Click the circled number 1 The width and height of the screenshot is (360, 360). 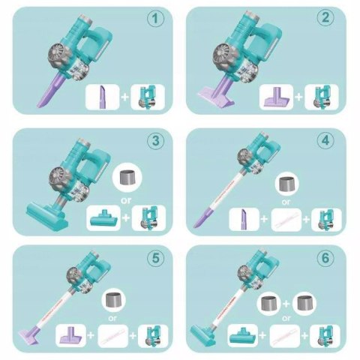tap(155, 19)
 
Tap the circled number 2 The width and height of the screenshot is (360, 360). tap(325, 18)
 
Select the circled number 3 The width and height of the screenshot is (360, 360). tap(155, 141)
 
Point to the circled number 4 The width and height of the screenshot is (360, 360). tap(325, 141)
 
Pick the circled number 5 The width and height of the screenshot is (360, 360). tap(155, 258)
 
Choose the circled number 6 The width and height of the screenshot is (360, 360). tap(325, 258)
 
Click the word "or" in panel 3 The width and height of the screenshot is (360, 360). tap(126, 200)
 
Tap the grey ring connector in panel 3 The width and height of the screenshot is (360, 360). tap(127, 178)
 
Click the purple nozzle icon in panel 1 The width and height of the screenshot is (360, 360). tap(103, 97)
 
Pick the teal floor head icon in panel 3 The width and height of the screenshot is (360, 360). tap(103, 218)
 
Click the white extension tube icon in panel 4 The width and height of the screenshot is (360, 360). tap(286, 220)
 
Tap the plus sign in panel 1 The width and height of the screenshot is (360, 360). tap(125, 97)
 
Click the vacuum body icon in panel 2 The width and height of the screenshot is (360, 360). tap(322, 97)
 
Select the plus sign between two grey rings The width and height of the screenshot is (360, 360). tap(286, 304)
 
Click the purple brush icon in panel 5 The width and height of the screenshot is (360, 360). tap(70, 335)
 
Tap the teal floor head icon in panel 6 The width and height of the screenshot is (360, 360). tap(242, 336)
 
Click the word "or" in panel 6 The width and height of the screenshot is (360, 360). tap(286, 318)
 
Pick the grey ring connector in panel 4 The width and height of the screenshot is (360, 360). tap(286, 184)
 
